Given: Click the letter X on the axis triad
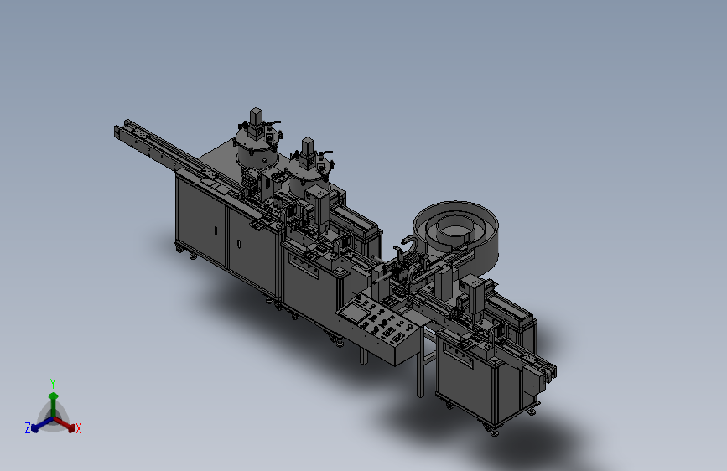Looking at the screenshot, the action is [x=78, y=429].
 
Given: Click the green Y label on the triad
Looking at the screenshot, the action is [x=53, y=384].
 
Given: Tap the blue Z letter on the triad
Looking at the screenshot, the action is [x=28, y=428].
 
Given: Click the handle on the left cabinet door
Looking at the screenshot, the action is [x=216, y=230].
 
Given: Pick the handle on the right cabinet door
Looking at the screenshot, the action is [x=239, y=244].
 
